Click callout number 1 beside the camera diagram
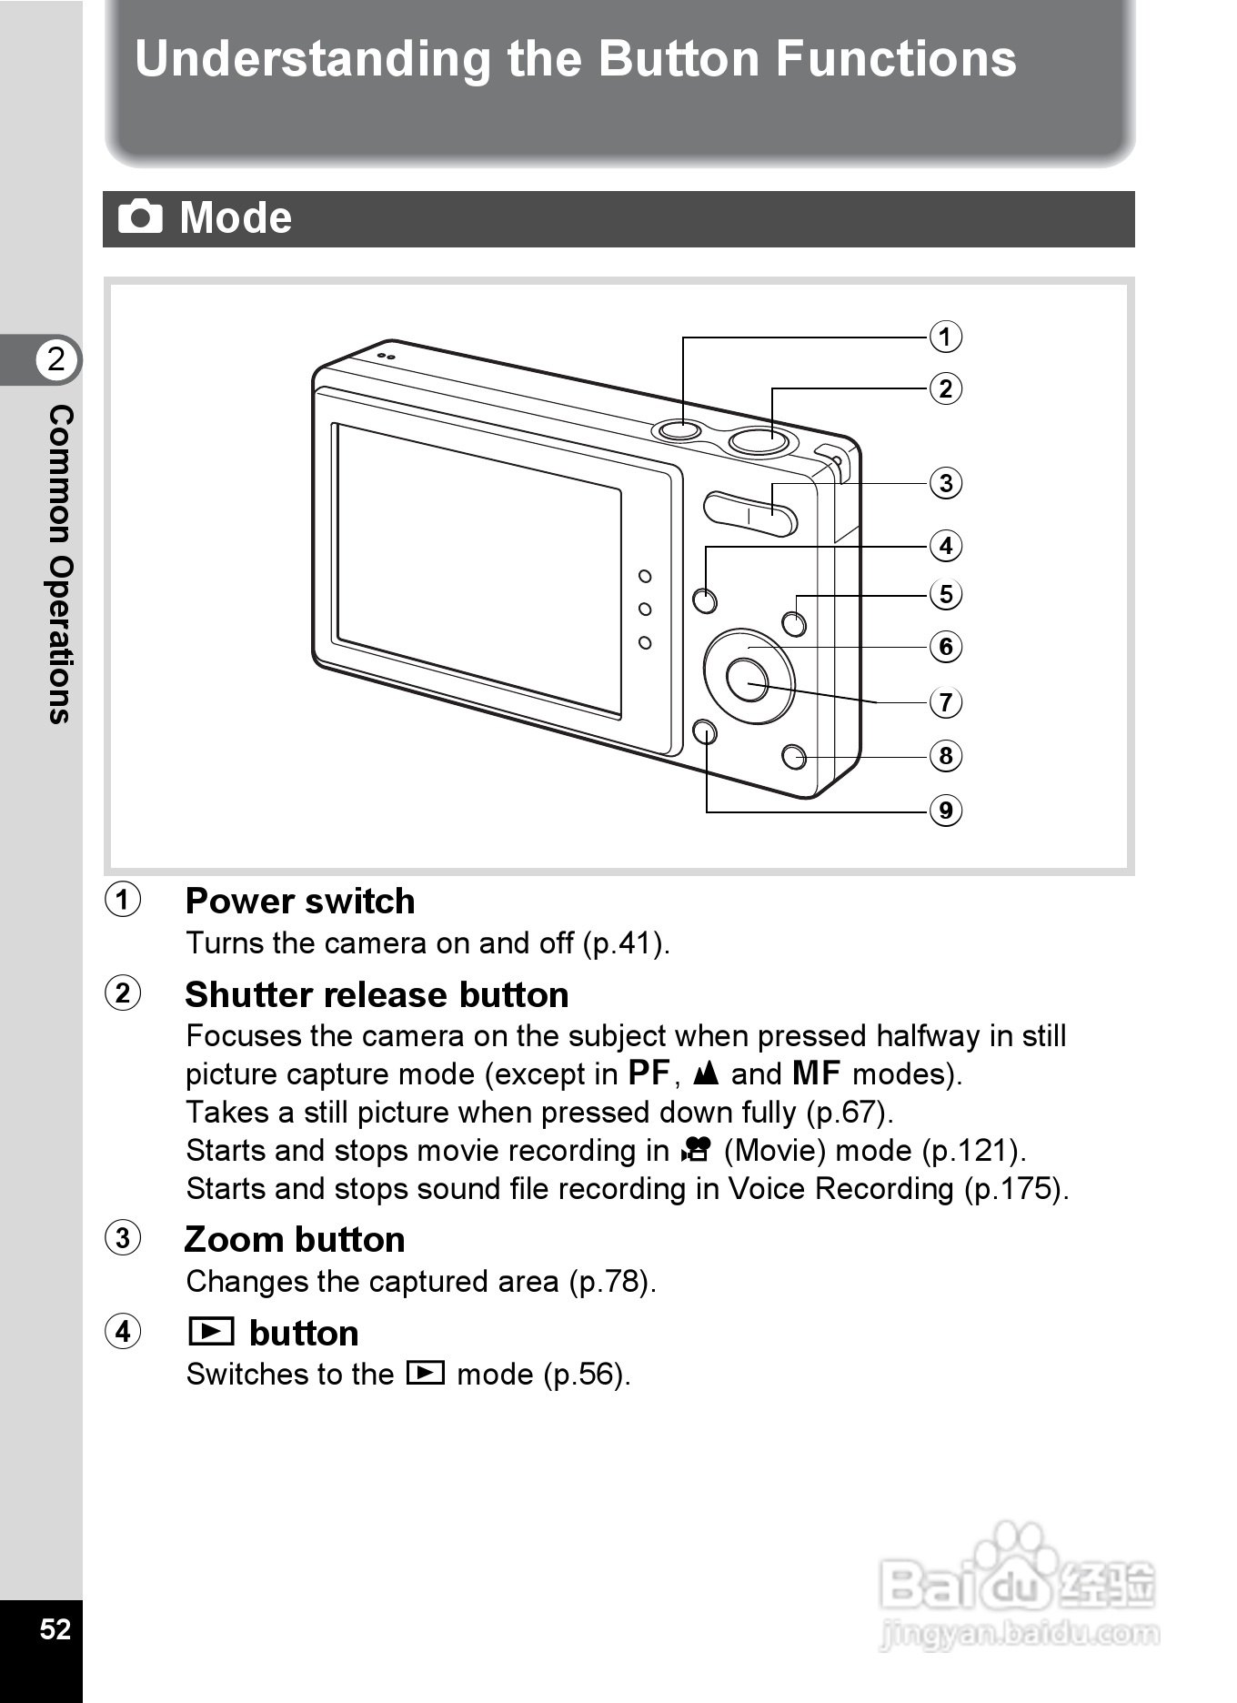[x=945, y=337]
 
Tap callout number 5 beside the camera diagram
[x=945, y=594]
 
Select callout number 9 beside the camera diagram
[x=945, y=810]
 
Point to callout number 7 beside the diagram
[x=945, y=702]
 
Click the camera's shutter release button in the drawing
[x=759, y=440]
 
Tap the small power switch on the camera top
[x=678, y=428]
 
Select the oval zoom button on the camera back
[x=749, y=514]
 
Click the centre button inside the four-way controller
[x=748, y=679]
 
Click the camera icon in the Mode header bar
[x=140, y=217]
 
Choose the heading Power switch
[x=300, y=901]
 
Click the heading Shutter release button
[x=377, y=994]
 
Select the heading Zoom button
[x=295, y=1239]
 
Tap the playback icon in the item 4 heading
[x=211, y=1332]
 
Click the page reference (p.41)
[x=625, y=942]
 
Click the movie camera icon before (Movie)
[x=696, y=1151]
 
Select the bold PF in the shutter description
[x=649, y=1073]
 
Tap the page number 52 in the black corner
[x=55, y=1628]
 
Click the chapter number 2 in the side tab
[x=56, y=359]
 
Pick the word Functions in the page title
[x=895, y=59]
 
